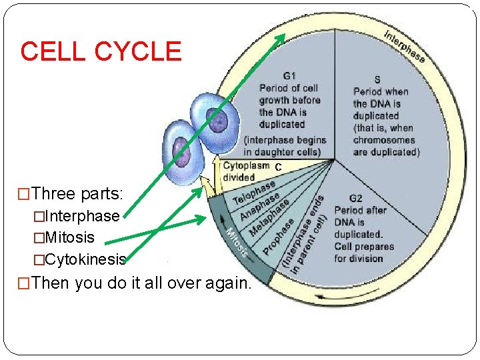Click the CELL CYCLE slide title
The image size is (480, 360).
pos(101,51)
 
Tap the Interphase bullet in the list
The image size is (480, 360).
pos(76,217)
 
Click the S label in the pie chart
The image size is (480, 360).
pos(377,79)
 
